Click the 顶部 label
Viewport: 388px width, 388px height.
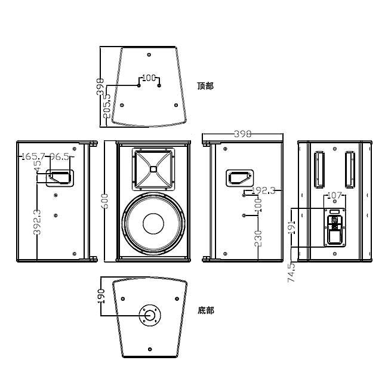click(205, 86)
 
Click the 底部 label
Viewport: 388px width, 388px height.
click(205, 310)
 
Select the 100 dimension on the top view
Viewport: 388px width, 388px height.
click(149, 78)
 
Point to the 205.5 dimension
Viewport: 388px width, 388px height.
click(106, 105)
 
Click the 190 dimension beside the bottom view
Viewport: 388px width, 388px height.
click(101, 297)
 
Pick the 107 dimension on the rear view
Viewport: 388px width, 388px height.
click(334, 195)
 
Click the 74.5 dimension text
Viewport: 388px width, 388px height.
click(291, 273)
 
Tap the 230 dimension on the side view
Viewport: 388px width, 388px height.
click(258, 238)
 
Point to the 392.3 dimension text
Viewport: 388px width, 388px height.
click(37, 222)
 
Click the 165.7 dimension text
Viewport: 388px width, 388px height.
click(33, 157)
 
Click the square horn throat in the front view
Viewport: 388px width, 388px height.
click(153, 169)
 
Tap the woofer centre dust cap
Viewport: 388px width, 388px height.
click(153, 224)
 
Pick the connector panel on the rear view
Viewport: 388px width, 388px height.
click(334, 227)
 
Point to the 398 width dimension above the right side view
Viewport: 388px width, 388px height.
click(242, 134)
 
